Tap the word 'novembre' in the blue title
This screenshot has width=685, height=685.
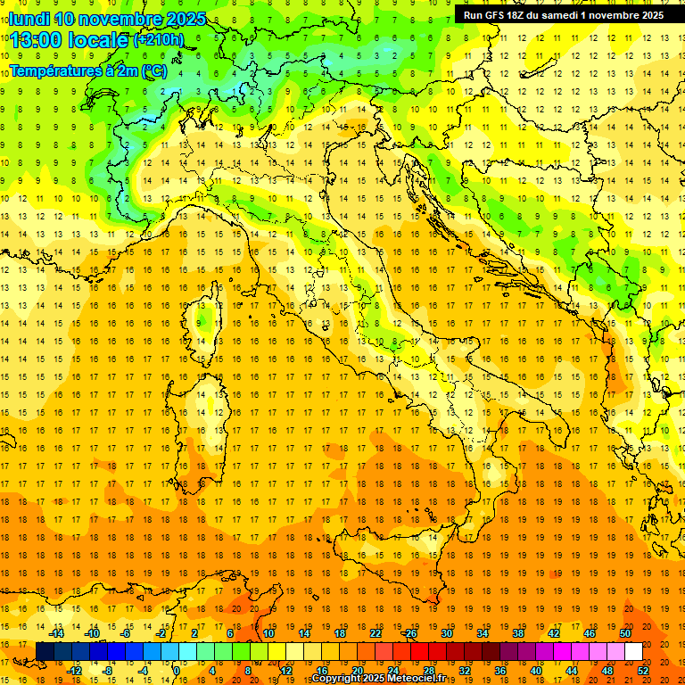click(x=117, y=19)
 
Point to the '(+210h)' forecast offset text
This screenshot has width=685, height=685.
click(x=159, y=40)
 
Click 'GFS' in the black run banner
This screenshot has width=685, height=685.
click(x=495, y=15)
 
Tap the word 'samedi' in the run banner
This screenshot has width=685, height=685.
click(x=572, y=15)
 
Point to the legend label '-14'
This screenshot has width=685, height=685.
click(x=56, y=633)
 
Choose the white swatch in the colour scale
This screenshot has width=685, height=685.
click(x=633, y=652)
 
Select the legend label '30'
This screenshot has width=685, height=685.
click(x=447, y=633)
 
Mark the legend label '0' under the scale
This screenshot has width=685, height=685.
click(x=177, y=671)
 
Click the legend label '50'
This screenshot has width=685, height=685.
click(x=625, y=633)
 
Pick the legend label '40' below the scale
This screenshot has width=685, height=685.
click(x=536, y=671)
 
